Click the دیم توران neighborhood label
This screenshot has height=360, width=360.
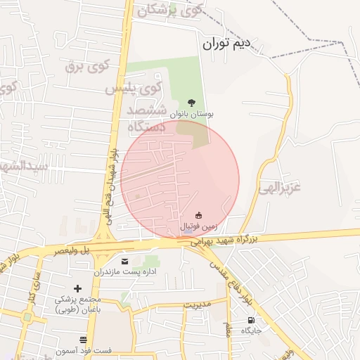click(226, 44)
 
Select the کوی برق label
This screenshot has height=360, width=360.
click(89, 67)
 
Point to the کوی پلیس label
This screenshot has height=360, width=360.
click(134, 89)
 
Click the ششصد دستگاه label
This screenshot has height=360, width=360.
click(146, 119)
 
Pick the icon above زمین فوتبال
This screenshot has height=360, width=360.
click(200, 216)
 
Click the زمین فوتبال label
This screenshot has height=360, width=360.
click(200, 227)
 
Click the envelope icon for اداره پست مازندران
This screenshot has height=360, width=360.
click(125, 261)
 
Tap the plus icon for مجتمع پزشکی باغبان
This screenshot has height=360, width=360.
click(77, 288)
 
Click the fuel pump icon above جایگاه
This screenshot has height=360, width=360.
click(252, 320)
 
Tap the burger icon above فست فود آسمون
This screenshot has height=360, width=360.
click(84, 340)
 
